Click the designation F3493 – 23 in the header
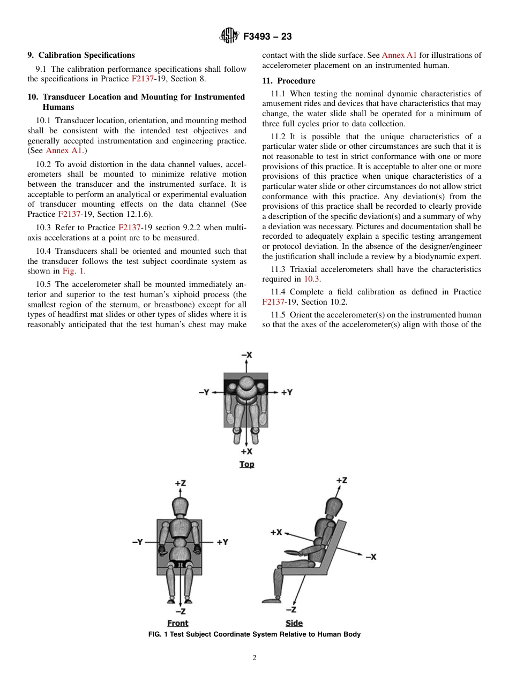coord(267,37)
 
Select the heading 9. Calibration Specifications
coord(81,55)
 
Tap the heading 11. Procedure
coord(288,81)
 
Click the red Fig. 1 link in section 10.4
coord(73,271)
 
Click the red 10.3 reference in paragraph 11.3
coord(311,279)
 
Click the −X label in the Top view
coord(246,355)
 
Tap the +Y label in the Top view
coord(287,392)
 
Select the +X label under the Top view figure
coord(246,451)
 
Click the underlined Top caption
coord(246,464)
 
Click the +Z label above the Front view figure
coord(180,483)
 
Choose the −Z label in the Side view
coord(291,609)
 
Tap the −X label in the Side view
coord(371,557)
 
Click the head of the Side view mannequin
coord(333,504)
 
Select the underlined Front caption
coord(177,623)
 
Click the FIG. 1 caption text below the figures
coord(254,634)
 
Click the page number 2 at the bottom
coord(254,658)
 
